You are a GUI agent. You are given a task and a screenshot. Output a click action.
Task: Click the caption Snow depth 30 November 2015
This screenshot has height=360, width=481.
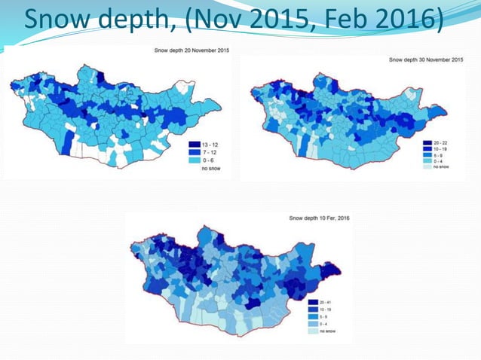click(x=426, y=59)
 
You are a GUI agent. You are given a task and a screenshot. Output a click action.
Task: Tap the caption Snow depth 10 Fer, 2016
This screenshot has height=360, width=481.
click(x=320, y=218)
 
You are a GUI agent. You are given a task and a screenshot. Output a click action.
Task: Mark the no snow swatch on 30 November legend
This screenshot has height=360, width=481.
click(x=426, y=166)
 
